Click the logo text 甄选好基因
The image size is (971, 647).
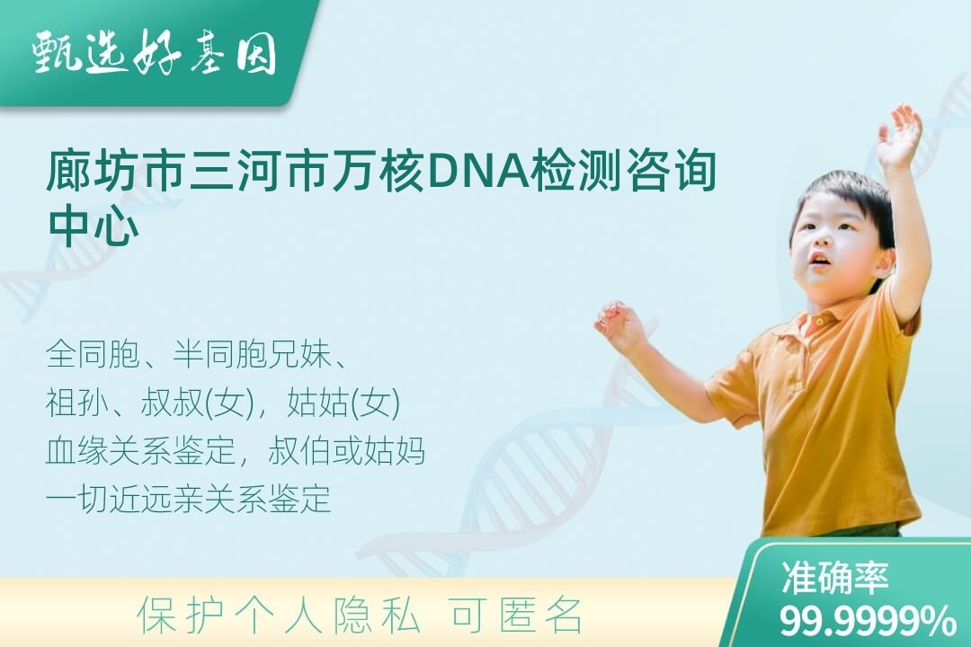pos(154,53)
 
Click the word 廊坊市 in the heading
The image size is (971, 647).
pos(114,171)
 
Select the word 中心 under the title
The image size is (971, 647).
pos(93,225)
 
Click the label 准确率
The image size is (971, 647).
pos(834,577)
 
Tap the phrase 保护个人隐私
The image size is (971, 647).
pos(278,616)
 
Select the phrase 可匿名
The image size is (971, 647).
pos(516,616)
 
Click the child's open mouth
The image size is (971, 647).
pos(819,260)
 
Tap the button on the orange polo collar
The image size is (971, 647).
pos(819,322)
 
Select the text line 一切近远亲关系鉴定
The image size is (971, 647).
pos(188,499)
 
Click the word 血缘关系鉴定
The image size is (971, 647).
pos(140,451)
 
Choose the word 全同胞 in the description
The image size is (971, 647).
pos(93,355)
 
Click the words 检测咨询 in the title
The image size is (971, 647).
pos(624,171)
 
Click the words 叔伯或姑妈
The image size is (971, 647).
pos(347,451)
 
